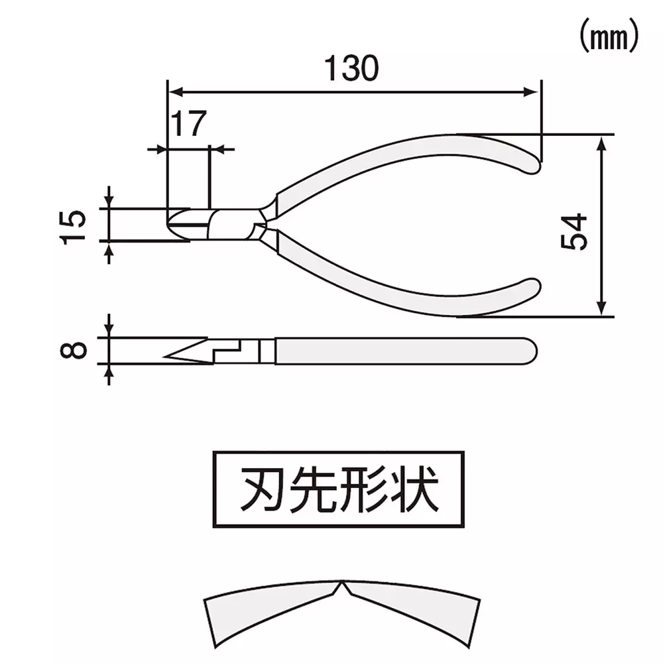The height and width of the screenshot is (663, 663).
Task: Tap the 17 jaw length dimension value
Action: [x=188, y=124]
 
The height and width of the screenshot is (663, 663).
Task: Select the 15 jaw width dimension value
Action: [x=75, y=227]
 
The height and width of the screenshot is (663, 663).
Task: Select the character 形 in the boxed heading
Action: [x=363, y=491]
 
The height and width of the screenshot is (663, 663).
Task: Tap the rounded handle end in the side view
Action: [x=532, y=350]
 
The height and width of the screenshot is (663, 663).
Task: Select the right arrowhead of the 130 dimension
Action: [x=535, y=91]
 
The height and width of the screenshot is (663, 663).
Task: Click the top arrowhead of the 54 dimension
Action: [x=601, y=141]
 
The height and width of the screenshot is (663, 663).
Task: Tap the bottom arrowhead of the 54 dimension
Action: [x=601, y=309]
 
